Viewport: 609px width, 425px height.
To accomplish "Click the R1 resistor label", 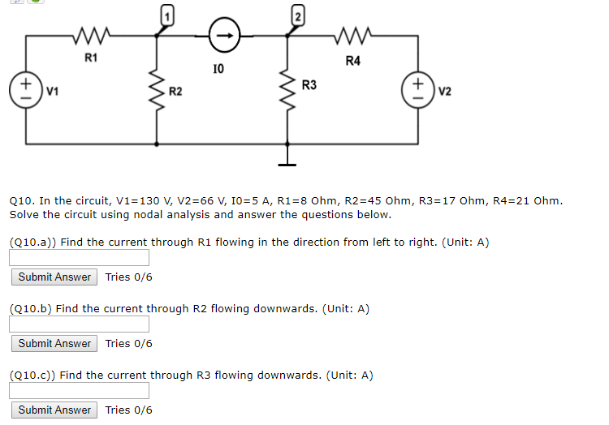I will (x=91, y=57).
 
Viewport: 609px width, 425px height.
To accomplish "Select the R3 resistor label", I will (x=309, y=84).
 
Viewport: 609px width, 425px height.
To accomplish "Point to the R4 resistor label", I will (x=352, y=60).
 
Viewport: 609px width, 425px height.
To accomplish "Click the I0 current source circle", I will (x=224, y=35).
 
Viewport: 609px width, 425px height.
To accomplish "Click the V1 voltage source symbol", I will (x=25, y=88).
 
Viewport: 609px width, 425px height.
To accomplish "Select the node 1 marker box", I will (x=166, y=14).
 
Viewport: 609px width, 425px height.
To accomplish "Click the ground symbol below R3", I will (x=286, y=157).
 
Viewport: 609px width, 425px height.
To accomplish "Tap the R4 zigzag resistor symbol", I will (x=352, y=35).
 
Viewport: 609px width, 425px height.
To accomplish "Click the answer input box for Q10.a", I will (x=80, y=258).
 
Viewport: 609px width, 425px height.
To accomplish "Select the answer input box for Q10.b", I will (x=80, y=324).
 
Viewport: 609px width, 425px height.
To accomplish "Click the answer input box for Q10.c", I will (x=80, y=391).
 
